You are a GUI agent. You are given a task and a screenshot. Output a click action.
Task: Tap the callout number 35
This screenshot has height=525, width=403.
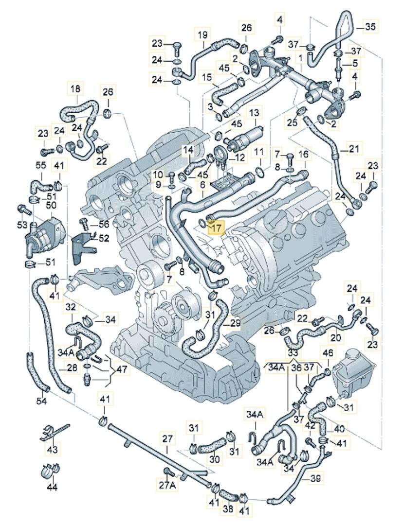click(x=370, y=27)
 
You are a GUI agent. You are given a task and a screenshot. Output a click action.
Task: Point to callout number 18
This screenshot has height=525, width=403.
click(x=75, y=89)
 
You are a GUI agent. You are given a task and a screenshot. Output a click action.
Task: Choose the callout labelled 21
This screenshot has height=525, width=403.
click(x=354, y=148)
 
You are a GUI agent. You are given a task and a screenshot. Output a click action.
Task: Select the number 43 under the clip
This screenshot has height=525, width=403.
click(x=52, y=450)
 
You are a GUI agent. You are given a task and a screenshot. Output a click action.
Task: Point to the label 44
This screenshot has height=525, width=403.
click(x=52, y=486)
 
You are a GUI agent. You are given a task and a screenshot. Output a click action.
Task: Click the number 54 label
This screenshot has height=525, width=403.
click(x=41, y=401)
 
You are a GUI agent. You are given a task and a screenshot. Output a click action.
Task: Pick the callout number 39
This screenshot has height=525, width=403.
click(x=315, y=479)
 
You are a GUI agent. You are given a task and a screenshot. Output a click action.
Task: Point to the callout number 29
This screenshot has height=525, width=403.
click(x=235, y=323)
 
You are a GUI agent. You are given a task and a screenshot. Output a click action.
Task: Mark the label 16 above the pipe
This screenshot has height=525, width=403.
click(x=303, y=155)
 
